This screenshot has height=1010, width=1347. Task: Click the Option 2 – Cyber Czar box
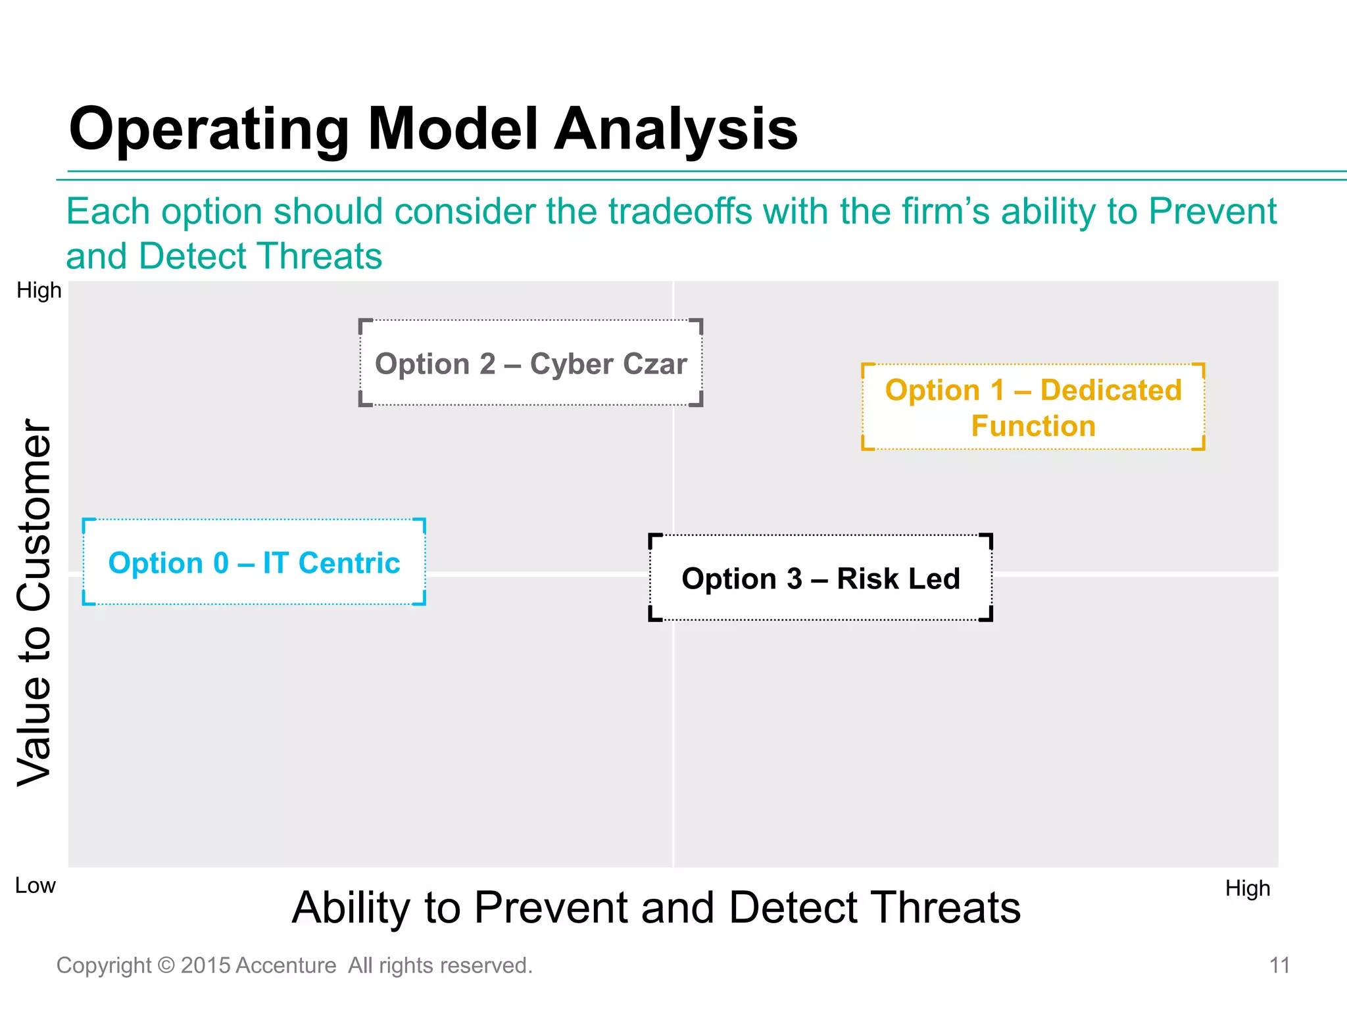tap(530, 363)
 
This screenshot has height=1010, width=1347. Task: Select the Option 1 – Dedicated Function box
tap(1033, 407)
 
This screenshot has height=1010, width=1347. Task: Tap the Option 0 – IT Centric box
tap(254, 562)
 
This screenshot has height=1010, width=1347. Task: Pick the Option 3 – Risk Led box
tap(820, 578)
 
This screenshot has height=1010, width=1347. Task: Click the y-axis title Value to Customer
tap(34, 602)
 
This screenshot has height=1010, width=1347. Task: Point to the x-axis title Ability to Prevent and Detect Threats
tap(656, 908)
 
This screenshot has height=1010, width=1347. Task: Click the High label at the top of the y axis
tap(39, 290)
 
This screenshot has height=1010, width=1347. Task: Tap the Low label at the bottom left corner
tap(35, 886)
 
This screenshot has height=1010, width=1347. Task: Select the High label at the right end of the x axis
tap(1247, 888)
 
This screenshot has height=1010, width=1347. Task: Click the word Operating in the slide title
tap(209, 130)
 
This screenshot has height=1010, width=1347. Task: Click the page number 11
tap(1279, 965)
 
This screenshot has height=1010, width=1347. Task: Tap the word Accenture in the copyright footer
tap(285, 965)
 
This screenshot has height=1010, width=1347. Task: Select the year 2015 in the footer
tap(205, 965)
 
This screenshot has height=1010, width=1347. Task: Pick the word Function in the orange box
tap(1033, 426)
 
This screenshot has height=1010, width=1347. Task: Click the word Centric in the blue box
tap(349, 563)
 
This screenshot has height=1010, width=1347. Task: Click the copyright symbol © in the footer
tap(166, 965)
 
